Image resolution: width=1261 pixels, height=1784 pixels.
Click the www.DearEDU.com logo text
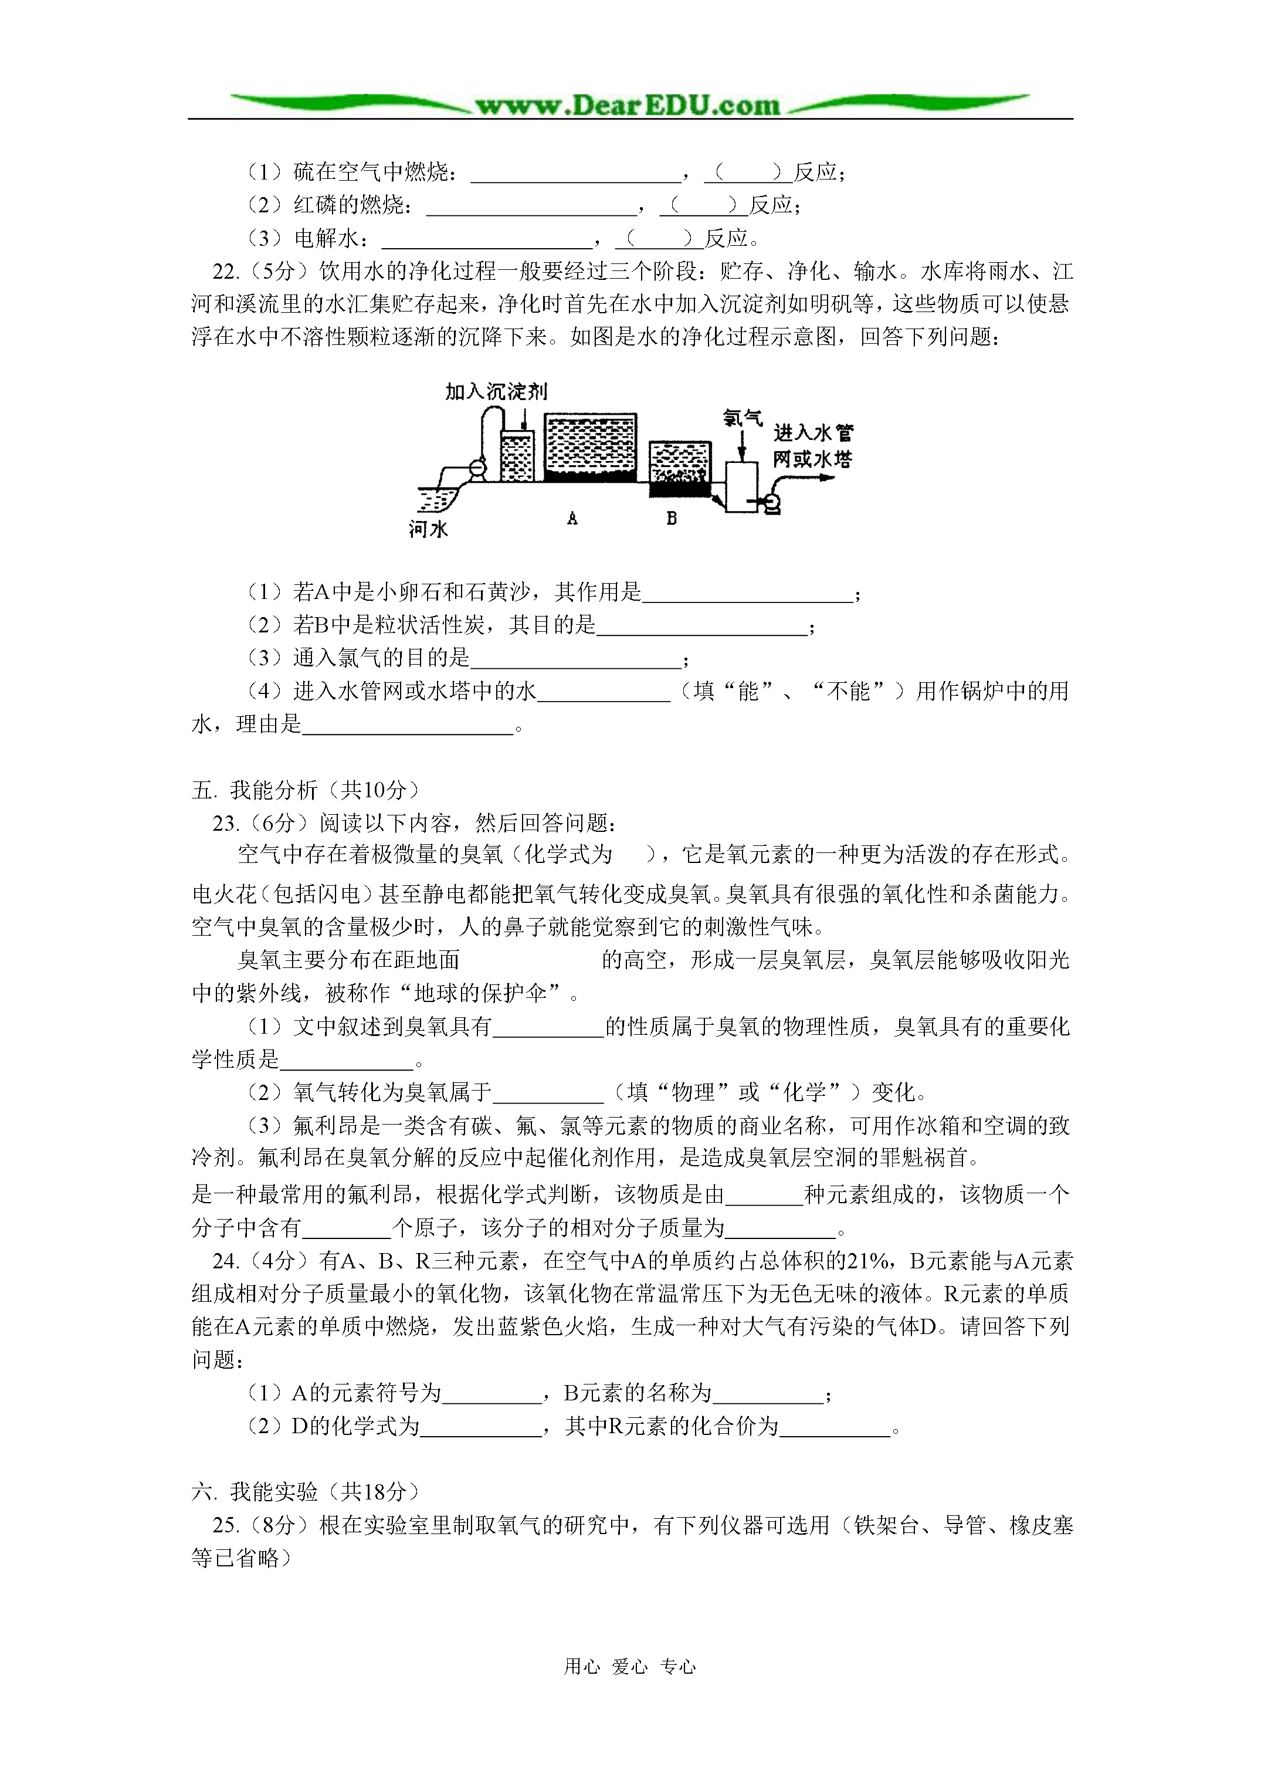click(x=628, y=105)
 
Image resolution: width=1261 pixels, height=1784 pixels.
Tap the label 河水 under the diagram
click(x=428, y=530)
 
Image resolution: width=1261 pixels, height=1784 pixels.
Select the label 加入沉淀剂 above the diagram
click(x=496, y=392)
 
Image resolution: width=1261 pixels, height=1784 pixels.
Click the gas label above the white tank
click(x=742, y=418)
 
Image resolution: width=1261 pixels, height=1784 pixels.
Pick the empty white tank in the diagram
click(x=741, y=486)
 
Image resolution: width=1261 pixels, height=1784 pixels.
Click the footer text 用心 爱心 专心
click(x=629, y=1666)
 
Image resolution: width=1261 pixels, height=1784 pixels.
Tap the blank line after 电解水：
click(x=487, y=239)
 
